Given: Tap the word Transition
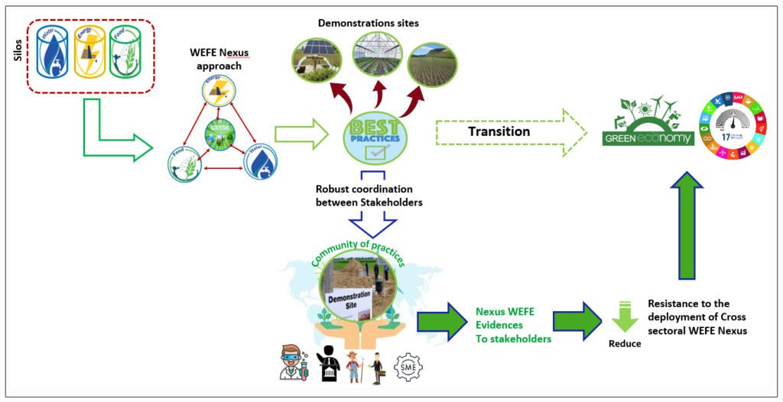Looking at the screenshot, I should click(x=499, y=131).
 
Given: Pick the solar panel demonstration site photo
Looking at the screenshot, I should click(x=317, y=60).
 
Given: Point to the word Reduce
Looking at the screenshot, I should click(x=625, y=344).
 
